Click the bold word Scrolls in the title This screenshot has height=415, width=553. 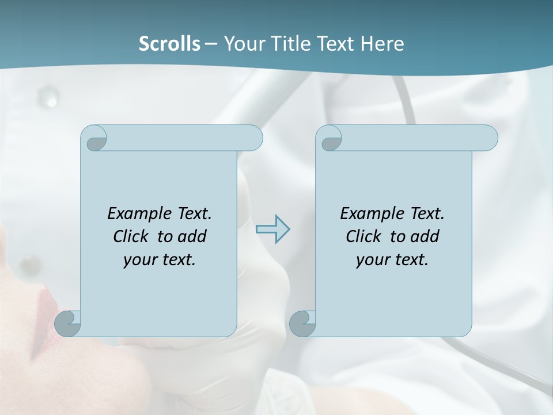tap(169, 44)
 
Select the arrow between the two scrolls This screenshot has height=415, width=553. tap(273, 229)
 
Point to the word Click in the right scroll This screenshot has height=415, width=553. tap(363, 236)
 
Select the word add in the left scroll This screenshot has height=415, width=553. tap(192, 236)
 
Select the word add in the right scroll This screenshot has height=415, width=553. tap(425, 236)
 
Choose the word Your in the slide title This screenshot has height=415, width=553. tap(243, 44)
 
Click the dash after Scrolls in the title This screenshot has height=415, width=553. tap(211, 44)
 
